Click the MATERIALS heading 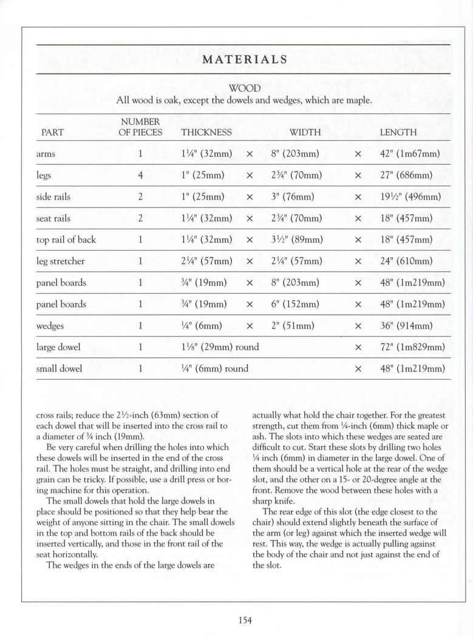[x=245, y=59]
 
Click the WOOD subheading [x=245, y=89]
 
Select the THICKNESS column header [x=206, y=132]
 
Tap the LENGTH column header [x=398, y=132]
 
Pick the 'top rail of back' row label [x=66, y=240]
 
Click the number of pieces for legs [x=140, y=175]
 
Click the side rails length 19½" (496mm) [x=410, y=197]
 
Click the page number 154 [x=245, y=619]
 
